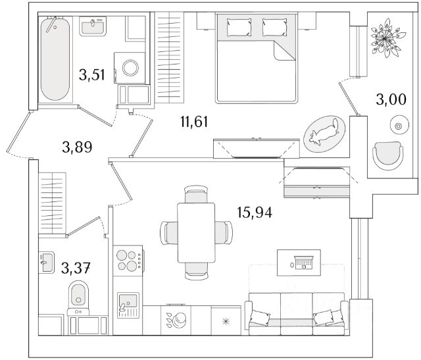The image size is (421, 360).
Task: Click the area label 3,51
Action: coord(91,75)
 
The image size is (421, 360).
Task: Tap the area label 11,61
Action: coord(193,120)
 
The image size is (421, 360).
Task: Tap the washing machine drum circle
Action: coord(130,68)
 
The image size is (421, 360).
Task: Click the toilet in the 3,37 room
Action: coord(78,297)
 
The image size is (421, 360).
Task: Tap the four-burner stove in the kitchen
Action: coord(128,260)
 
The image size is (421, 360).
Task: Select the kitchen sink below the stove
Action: coord(127,305)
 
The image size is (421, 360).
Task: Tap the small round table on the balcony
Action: coord(397,123)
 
